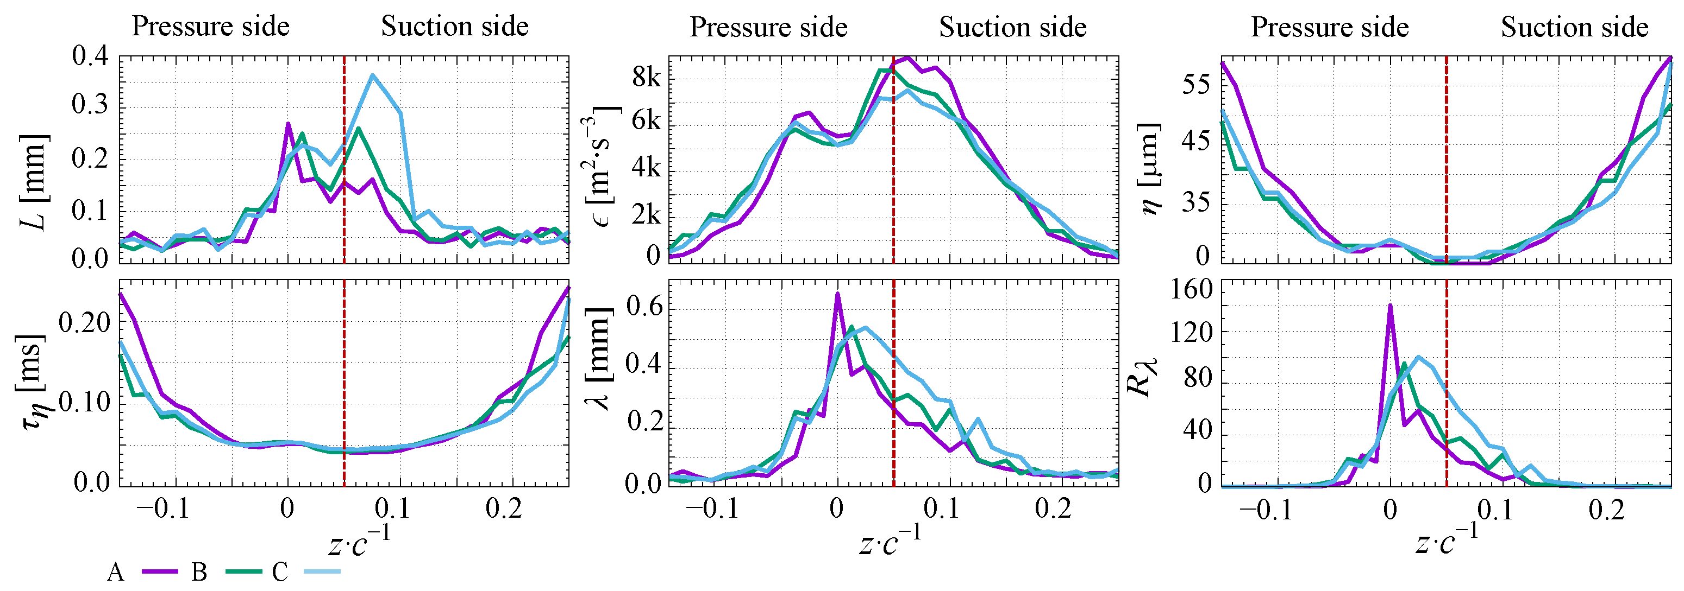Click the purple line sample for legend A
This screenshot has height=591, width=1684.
(x=160, y=572)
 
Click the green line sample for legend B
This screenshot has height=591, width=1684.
(x=243, y=572)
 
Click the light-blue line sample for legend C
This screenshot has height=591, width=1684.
(x=323, y=572)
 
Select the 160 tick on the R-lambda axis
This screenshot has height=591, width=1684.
(x=1191, y=288)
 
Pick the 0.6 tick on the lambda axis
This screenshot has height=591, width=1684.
(x=643, y=306)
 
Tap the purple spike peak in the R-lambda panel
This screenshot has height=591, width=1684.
(x=1390, y=305)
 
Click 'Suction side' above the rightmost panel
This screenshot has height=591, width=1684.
(x=1574, y=28)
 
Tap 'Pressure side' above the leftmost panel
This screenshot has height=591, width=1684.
(x=210, y=27)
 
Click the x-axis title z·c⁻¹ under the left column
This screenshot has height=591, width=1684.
(x=359, y=542)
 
